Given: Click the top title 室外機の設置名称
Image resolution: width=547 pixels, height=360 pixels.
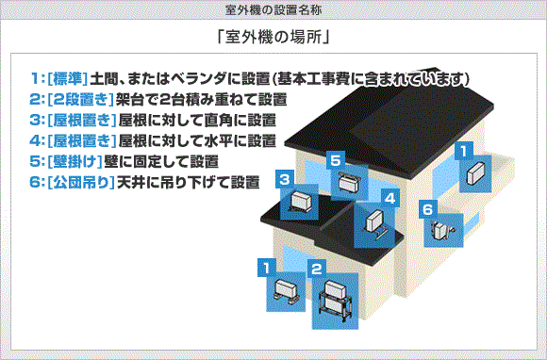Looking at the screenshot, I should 273,8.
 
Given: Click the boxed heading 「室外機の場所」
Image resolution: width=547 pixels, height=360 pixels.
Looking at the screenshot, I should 273,40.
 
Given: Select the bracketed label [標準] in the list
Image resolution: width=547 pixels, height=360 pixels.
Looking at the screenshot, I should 71,76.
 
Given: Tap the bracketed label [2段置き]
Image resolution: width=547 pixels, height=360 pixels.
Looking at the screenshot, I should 77,98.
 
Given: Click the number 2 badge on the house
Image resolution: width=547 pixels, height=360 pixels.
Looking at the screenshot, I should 317,268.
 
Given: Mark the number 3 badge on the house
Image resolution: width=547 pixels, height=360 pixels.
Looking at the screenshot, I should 283,178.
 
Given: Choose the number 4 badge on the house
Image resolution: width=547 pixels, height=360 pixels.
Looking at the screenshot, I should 389,199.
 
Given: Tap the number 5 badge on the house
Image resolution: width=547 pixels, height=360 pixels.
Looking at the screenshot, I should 335,161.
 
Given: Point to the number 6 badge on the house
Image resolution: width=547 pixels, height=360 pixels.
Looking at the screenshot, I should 427,208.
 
